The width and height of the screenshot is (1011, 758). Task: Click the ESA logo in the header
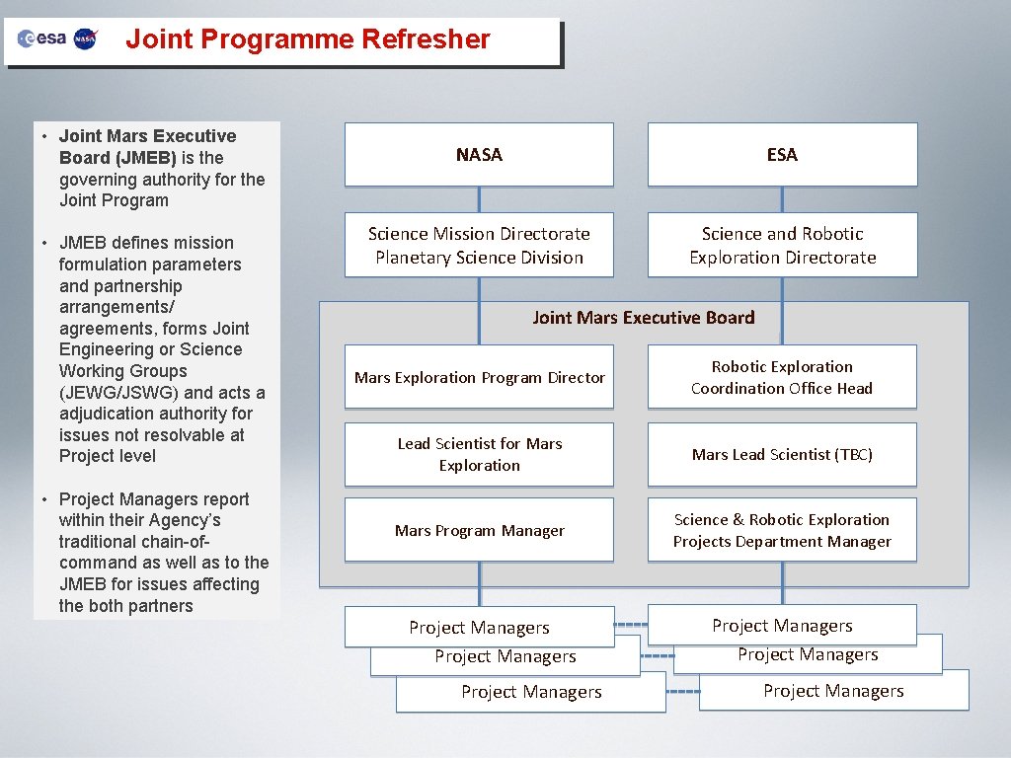42,38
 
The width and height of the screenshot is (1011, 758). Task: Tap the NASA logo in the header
86,38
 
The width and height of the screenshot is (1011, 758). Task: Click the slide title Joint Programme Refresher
307,39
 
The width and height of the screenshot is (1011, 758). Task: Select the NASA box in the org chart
479,154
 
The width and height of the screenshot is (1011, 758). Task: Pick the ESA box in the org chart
782,154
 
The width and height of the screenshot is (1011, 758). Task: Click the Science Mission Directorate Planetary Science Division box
479,245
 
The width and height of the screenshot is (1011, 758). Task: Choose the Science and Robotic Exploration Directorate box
782,245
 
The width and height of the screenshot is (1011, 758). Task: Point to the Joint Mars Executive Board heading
643,318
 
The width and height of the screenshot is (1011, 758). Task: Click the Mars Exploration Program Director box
479,377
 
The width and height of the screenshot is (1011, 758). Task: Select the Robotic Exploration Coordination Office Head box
782,377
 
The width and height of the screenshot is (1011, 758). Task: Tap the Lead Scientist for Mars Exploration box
479,454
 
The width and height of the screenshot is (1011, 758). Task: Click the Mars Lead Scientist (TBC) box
782,454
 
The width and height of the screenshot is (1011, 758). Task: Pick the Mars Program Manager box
479,530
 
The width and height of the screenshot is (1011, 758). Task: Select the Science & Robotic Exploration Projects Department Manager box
782,530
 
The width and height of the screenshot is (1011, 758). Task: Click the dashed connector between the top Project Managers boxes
630,625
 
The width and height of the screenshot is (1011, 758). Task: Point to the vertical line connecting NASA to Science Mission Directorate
479,199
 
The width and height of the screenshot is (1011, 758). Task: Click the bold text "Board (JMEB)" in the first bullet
117,158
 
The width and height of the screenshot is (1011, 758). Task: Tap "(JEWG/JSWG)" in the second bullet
121,393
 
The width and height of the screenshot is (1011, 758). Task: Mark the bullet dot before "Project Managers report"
44,499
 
